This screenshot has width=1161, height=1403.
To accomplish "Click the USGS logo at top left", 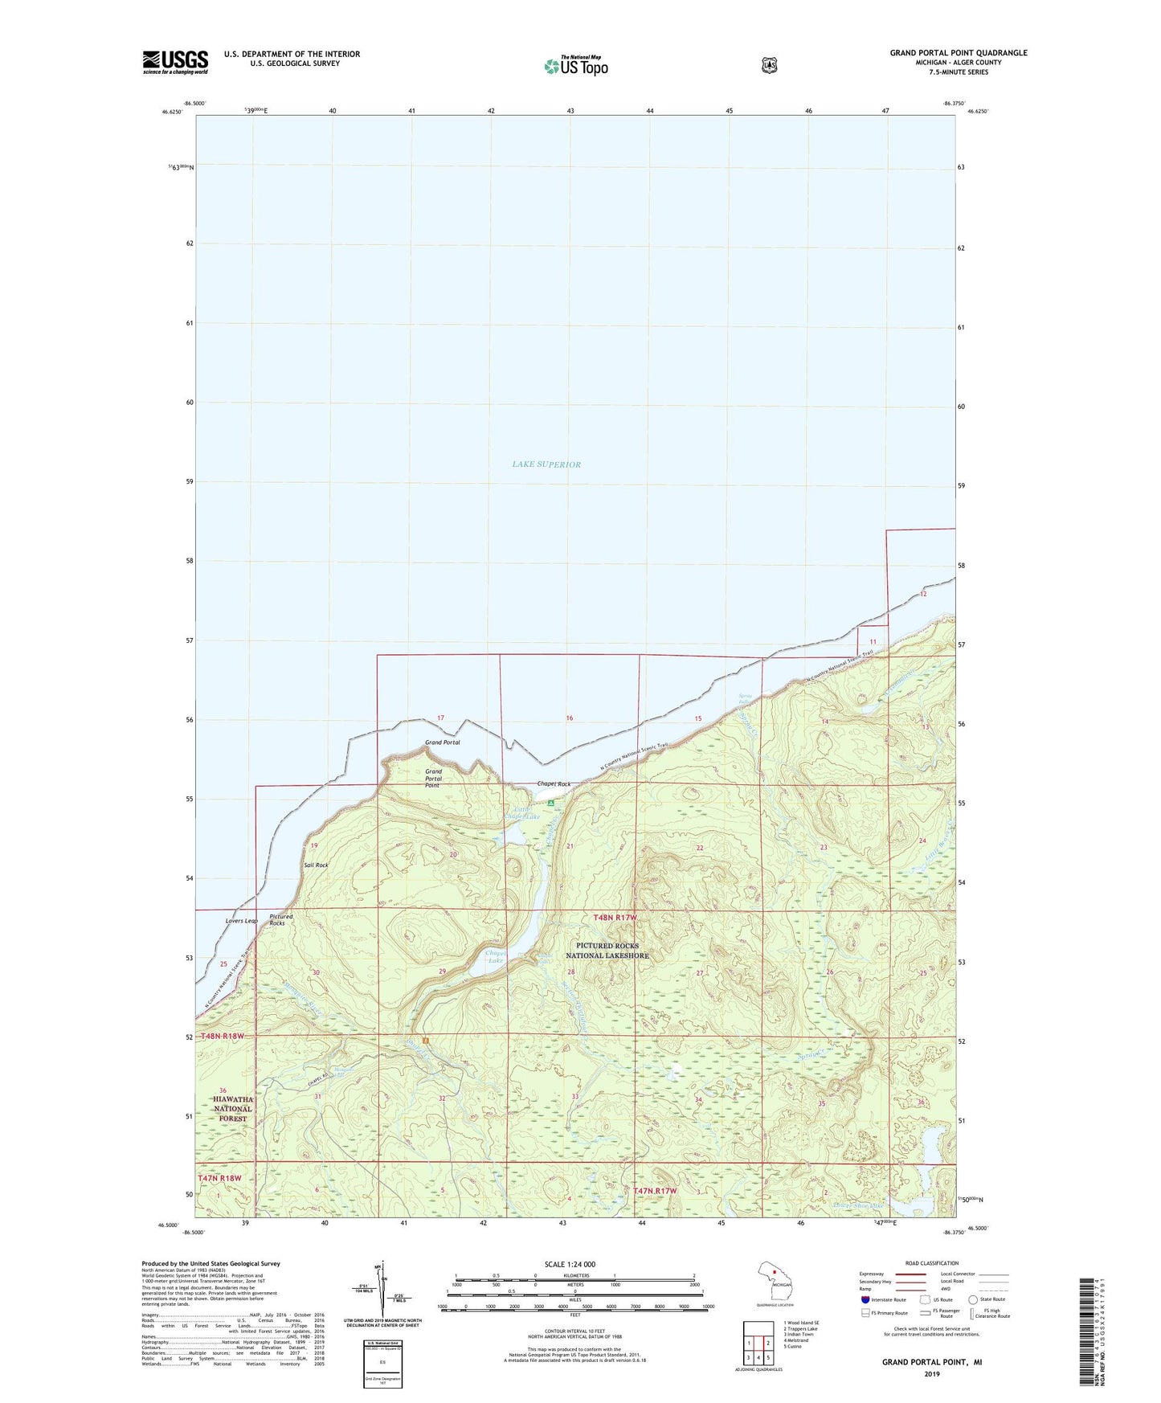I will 175,62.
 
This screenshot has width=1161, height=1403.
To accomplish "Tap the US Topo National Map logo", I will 575,65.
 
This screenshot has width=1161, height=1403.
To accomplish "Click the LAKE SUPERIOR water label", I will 546,464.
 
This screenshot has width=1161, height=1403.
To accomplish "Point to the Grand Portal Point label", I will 433,778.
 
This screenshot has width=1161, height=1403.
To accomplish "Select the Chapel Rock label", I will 554,784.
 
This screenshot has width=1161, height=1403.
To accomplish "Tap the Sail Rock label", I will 316,865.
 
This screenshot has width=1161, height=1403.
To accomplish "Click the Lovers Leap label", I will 241,921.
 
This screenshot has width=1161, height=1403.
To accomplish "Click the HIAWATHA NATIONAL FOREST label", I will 233,1109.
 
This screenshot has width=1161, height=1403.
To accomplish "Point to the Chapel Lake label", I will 495,956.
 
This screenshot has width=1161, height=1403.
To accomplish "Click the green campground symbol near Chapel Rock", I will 550,803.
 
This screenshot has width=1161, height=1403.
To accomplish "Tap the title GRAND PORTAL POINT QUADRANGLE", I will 958,53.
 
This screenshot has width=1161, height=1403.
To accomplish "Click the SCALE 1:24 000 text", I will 570,1264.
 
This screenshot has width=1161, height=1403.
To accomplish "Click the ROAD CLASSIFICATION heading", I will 931,1263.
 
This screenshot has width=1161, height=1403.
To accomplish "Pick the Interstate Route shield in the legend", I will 865,1299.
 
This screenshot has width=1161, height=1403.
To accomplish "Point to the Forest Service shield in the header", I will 769,65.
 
